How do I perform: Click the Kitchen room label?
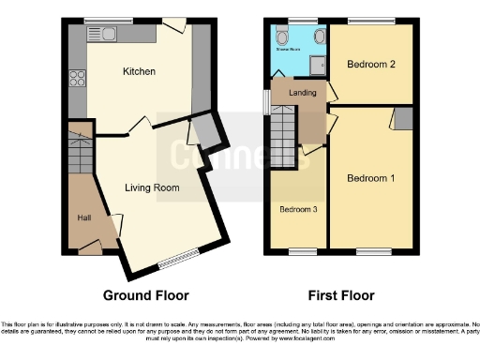139,71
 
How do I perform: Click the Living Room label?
152,187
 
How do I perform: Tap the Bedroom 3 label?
297,209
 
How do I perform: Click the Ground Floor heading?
145,293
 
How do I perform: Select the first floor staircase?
282,141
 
